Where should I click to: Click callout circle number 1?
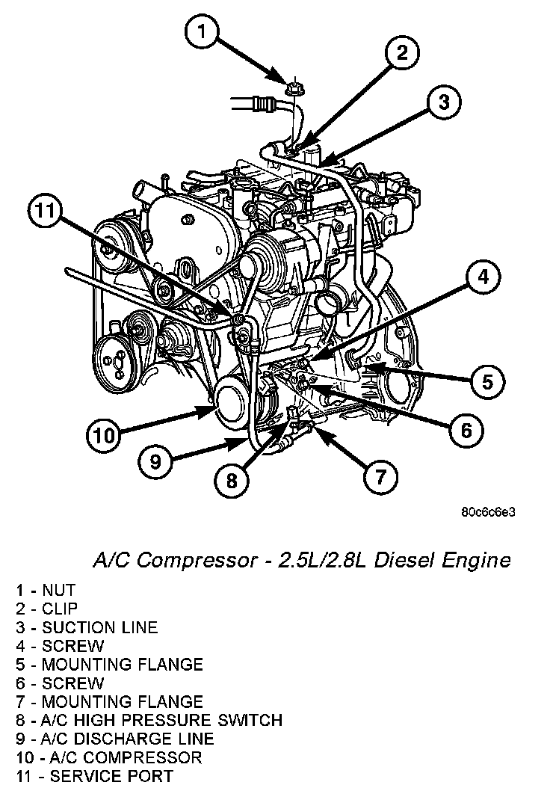(x=204, y=33)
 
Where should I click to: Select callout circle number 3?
(x=444, y=102)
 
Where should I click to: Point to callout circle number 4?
(x=483, y=278)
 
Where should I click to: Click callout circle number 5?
(x=487, y=382)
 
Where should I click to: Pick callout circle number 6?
(x=466, y=430)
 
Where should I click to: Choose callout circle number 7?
(x=380, y=475)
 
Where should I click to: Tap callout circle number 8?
(x=232, y=481)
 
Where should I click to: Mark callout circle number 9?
(x=155, y=461)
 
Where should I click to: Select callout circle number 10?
(x=105, y=434)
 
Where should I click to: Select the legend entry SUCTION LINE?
(x=99, y=627)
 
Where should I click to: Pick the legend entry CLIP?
(x=59, y=609)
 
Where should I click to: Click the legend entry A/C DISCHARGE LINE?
(x=128, y=739)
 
